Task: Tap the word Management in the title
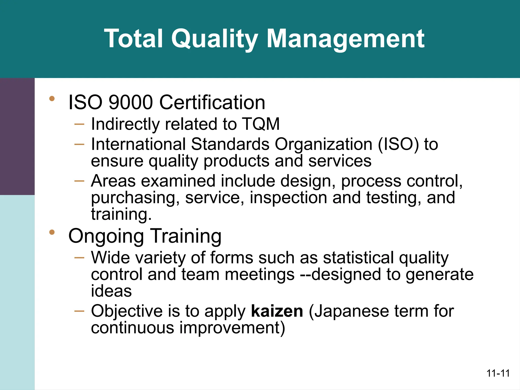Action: (x=345, y=39)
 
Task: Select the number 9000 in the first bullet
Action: (x=131, y=102)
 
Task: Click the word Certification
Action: (x=212, y=102)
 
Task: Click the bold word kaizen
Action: (x=277, y=311)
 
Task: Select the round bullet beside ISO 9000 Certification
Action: (x=52, y=99)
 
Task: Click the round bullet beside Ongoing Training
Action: (x=52, y=232)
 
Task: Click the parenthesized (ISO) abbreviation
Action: (x=398, y=144)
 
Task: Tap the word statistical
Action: (x=358, y=257)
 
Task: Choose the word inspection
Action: (x=288, y=198)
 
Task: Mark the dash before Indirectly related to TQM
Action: (x=79, y=124)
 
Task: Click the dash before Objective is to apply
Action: (x=79, y=311)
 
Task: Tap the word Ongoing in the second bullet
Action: (x=106, y=236)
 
